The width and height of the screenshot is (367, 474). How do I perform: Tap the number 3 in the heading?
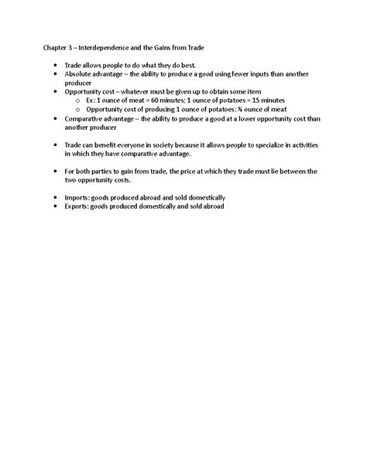76,47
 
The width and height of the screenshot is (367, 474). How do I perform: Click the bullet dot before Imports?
56,197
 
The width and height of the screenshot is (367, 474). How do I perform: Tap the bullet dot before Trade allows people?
56,66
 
